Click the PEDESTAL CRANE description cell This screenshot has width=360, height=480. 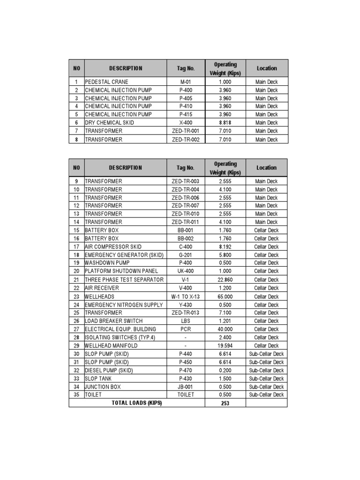point(106,82)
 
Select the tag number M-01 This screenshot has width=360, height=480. point(186,82)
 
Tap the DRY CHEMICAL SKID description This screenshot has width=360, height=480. point(109,122)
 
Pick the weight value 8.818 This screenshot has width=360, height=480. point(225,122)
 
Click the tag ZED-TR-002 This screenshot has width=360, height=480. point(186,139)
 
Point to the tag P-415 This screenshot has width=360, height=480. point(186,114)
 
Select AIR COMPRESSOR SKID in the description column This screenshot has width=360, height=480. point(113,247)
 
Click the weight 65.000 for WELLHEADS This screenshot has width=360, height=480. point(225,297)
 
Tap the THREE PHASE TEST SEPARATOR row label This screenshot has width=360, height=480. point(124,280)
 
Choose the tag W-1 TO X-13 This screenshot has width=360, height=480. point(186,297)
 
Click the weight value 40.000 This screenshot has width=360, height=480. point(225,329)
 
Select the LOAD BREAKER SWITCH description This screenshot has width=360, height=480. point(114,321)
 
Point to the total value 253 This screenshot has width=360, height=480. point(225,403)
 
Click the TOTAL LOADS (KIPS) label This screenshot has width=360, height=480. point(137,403)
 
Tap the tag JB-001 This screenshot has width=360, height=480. point(186,387)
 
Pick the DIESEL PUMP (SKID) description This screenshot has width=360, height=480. point(109,370)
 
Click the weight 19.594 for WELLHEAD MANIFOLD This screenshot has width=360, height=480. point(225,345)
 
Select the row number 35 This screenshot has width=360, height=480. point(76,395)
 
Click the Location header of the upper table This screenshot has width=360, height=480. point(266,68)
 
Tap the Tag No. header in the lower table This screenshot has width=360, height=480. point(186,168)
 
